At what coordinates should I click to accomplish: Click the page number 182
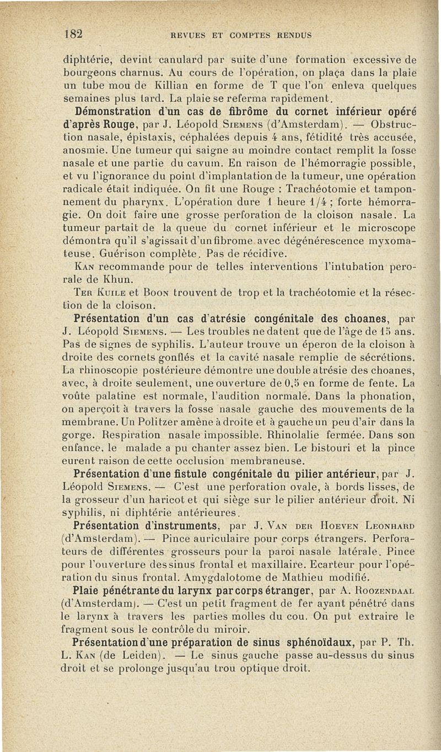point(73,33)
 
